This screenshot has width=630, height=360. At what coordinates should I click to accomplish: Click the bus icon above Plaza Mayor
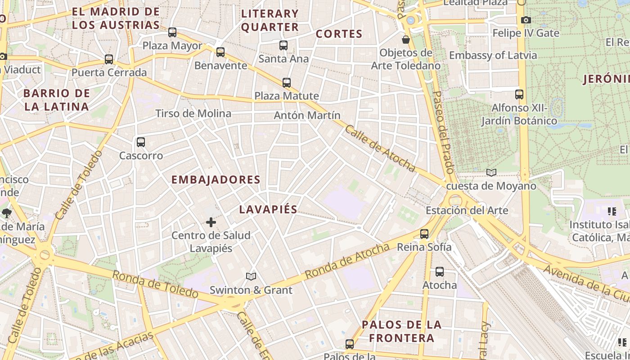coord(172,32)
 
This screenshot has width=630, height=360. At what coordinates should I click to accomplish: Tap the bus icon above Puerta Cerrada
coord(109,59)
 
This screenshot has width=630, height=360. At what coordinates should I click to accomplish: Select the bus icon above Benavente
coord(220,52)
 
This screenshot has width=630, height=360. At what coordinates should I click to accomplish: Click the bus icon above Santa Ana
coord(283,45)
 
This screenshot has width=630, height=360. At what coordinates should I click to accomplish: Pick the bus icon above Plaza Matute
coord(287,83)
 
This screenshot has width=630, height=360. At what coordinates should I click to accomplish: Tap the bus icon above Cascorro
coord(141,142)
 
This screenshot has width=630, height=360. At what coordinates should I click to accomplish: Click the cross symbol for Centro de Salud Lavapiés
coord(211,222)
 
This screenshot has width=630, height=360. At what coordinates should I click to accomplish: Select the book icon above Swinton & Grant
coord(251,277)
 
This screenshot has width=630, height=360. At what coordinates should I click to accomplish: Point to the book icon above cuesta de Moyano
coord(491,173)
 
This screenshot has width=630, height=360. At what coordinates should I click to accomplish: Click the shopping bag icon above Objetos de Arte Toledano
coord(406,40)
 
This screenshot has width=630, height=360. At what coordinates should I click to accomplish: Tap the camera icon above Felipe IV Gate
coord(526,20)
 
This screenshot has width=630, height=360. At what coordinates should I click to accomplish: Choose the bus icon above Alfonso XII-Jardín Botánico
coord(519,94)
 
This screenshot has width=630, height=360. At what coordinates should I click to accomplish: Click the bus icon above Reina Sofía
coord(424,234)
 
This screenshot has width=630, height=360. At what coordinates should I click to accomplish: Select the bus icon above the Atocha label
coord(440,272)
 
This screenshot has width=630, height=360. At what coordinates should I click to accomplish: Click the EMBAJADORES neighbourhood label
coord(216,180)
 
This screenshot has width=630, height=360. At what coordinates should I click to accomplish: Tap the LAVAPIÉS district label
coord(268,209)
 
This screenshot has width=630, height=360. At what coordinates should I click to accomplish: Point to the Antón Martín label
coord(307,116)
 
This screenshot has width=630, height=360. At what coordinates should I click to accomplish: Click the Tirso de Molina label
coord(193,113)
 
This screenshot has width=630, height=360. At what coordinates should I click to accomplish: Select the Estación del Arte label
coord(467,210)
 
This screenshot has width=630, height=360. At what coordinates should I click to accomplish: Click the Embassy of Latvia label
coord(493,55)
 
